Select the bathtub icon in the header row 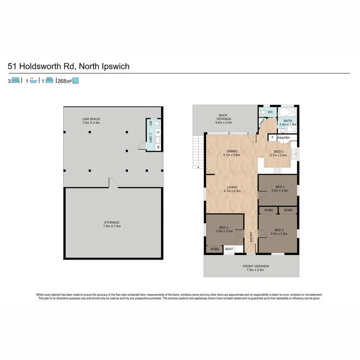click(x=33, y=80)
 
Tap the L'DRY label click(x=151, y=138)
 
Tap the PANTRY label click(x=284, y=138)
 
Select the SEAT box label click(x=229, y=249)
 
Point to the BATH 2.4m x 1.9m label click(x=288, y=122)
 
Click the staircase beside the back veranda click(x=198, y=152)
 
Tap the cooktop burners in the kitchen click(x=278, y=171)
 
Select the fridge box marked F click(x=272, y=137)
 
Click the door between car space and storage click(x=113, y=183)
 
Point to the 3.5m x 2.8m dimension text click(x=280, y=191)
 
